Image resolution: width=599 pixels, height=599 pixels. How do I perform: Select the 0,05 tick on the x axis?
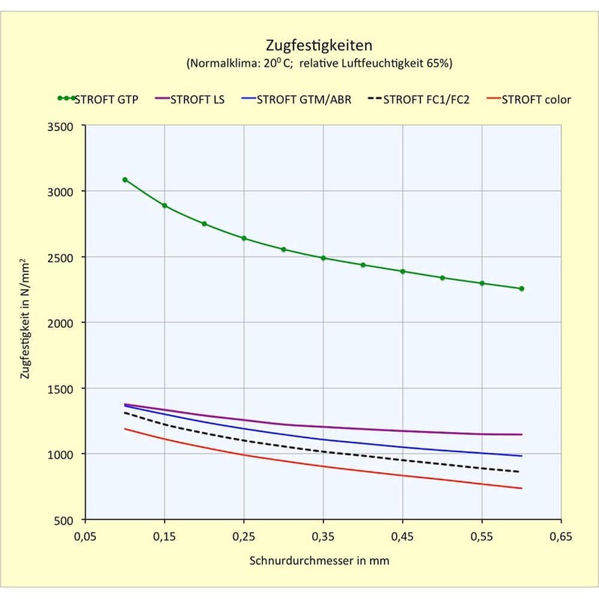[85, 536]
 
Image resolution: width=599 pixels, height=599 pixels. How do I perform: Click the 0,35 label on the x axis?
[323, 536]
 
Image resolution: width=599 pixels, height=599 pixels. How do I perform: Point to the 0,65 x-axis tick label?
[561, 536]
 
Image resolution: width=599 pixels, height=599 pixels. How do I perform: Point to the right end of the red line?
[521, 488]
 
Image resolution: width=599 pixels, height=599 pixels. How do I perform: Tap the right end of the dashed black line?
[521, 472]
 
